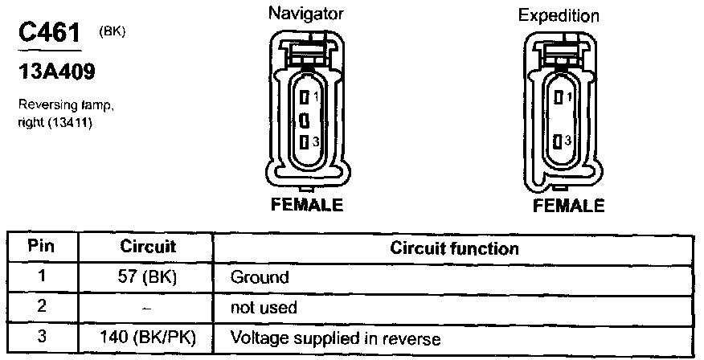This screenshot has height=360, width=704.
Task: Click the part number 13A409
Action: [56, 73]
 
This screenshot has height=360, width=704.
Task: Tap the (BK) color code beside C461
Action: [113, 32]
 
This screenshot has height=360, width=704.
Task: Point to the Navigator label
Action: [306, 14]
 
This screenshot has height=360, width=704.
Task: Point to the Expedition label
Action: [559, 15]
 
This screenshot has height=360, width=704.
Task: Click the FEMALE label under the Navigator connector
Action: [305, 205]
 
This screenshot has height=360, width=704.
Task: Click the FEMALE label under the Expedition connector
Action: [568, 206]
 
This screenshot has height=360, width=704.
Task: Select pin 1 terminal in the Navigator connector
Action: [304, 97]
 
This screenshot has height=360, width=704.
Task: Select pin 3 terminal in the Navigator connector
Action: [304, 141]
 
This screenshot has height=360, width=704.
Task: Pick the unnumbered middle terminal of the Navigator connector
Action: [304, 120]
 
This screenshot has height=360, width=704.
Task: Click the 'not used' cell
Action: [264, 308]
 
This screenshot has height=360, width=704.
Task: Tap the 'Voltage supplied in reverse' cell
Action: [336, 337]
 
